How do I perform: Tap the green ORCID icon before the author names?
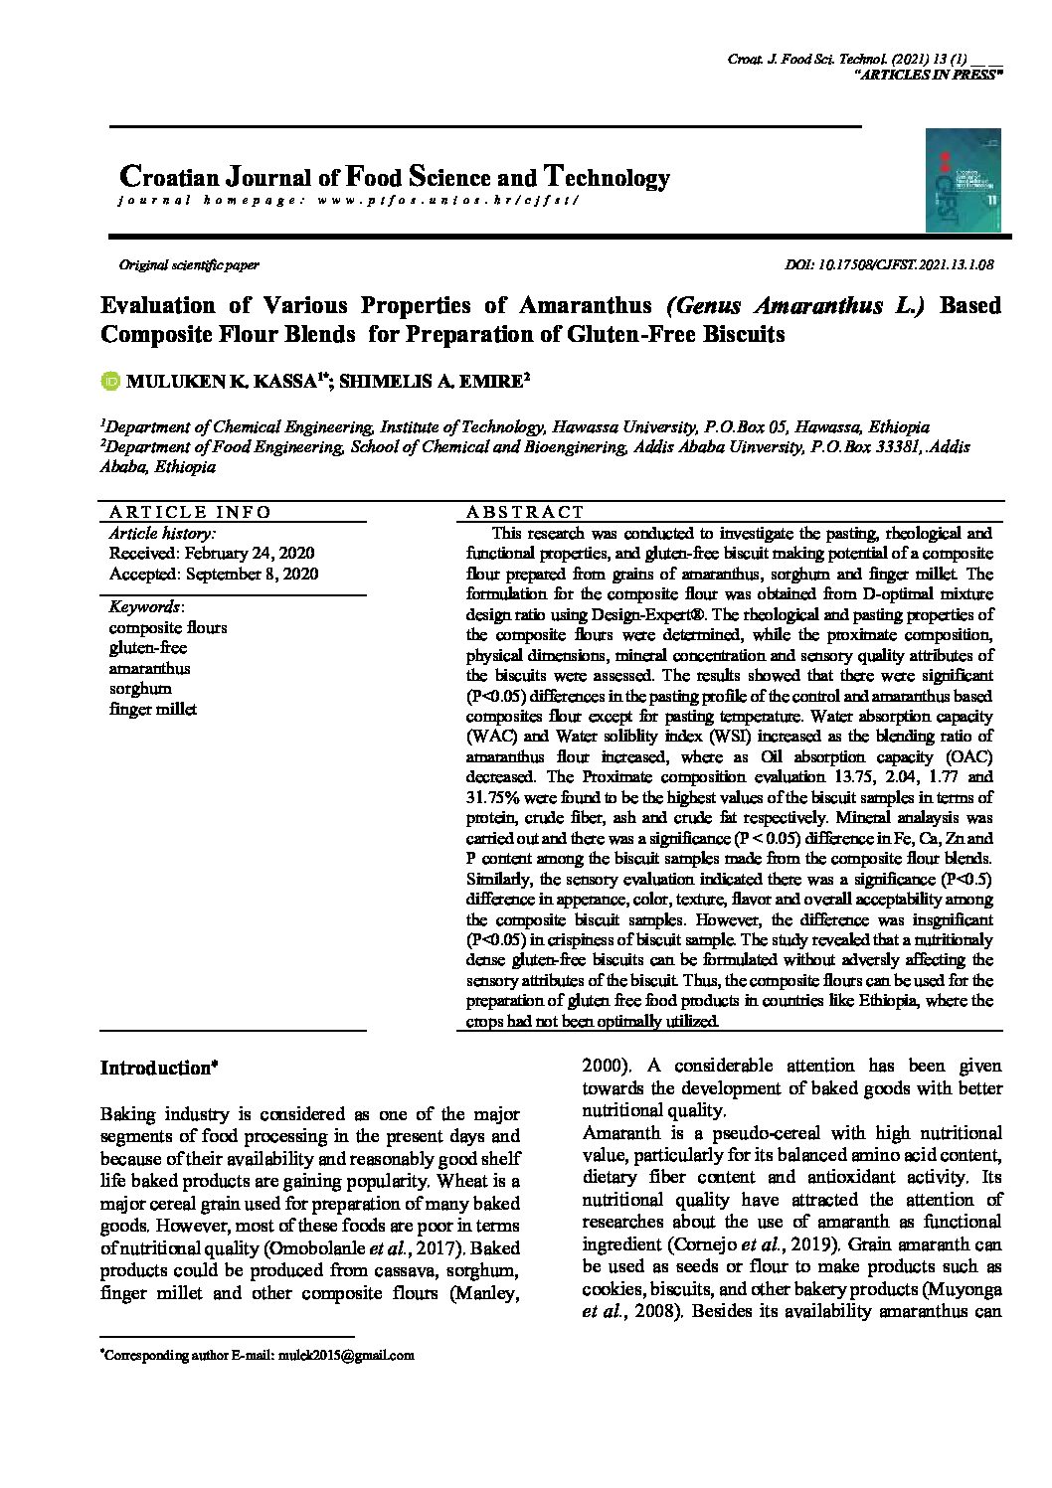tap(110, 380)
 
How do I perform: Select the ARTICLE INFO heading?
tap(189, 512)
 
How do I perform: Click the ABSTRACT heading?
tap(525, 512)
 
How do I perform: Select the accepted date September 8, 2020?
tap(214, 575)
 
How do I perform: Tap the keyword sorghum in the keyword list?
tap(140, 689)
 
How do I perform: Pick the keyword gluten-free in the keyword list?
tap(147, 648)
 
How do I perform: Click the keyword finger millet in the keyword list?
tap(153, 710)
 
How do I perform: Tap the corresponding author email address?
tap(346, 1355)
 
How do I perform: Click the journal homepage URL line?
tap(347, 201)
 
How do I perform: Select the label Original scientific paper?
tap(189, 265)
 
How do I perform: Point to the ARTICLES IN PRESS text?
tap(928, 76)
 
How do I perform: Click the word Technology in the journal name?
tap(607, 179)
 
